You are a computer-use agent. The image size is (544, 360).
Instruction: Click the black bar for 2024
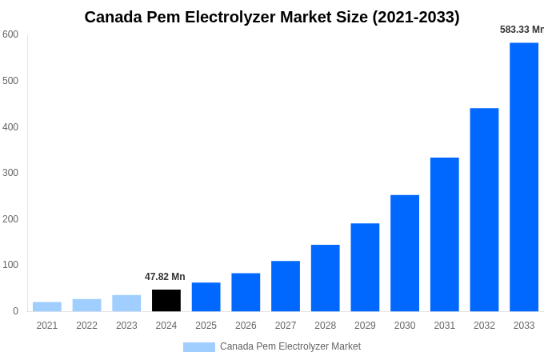(166, 301)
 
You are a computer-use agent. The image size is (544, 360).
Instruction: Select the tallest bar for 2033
(524, 177)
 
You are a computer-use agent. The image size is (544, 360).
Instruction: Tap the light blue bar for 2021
(47, 306)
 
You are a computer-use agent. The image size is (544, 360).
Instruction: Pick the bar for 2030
(405, 253)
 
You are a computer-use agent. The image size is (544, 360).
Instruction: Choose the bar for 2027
(286, 286)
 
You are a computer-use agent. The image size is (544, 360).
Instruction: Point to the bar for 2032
(484, 210)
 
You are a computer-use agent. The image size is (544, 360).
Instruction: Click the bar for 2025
(206, 297)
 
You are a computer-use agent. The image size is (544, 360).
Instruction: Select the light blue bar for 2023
(126, 303)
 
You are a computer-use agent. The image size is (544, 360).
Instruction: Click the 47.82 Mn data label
(165, 277)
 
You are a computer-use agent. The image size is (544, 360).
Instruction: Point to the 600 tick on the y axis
(10, 34)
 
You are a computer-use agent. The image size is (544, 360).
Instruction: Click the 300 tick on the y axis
(10, 173)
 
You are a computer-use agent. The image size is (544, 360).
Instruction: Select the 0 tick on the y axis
(15, 311)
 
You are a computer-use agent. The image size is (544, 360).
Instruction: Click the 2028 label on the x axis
(325, 326)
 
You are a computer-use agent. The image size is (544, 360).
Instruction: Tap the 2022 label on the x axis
(86, 326)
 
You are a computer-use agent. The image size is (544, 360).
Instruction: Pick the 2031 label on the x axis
(444, 326)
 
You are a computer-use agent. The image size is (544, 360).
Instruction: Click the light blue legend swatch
(198, 347)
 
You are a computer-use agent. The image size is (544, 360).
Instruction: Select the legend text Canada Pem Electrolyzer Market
(290, 346)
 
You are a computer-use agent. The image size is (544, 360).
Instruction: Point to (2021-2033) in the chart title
(416, 17)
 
